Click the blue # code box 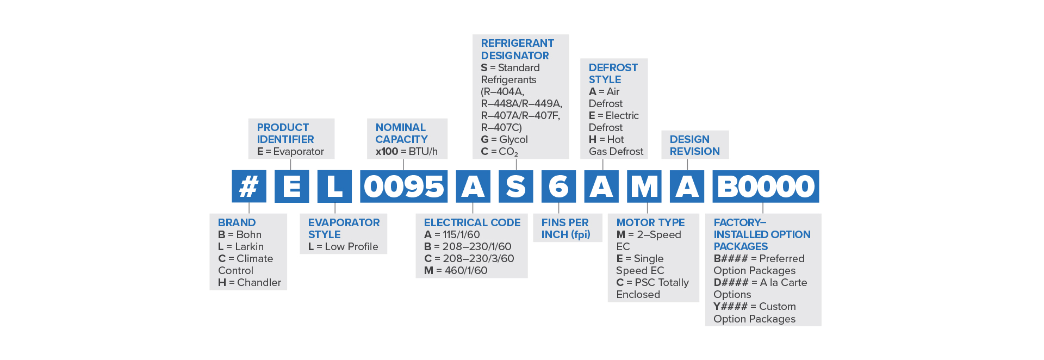[249, 187]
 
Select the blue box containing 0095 [403, 187]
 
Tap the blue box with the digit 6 [558, 187]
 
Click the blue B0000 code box [766, 187]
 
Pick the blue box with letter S [515, 187]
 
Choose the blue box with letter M [644, 187]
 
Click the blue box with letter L [334, 187]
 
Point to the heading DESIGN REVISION [694, 145]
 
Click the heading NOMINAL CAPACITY [401, 133]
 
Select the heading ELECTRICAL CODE [472, 222]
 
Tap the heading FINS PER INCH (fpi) [565, 228]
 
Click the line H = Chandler [249, 282]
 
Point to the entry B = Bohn [239, 234]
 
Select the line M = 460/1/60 [456, 270]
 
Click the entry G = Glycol [504, 139]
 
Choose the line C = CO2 [499, 152]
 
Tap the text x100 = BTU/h [406, 151]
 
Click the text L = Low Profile [343, 246]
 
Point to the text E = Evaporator [290, 151]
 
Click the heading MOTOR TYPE [650, 222]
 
